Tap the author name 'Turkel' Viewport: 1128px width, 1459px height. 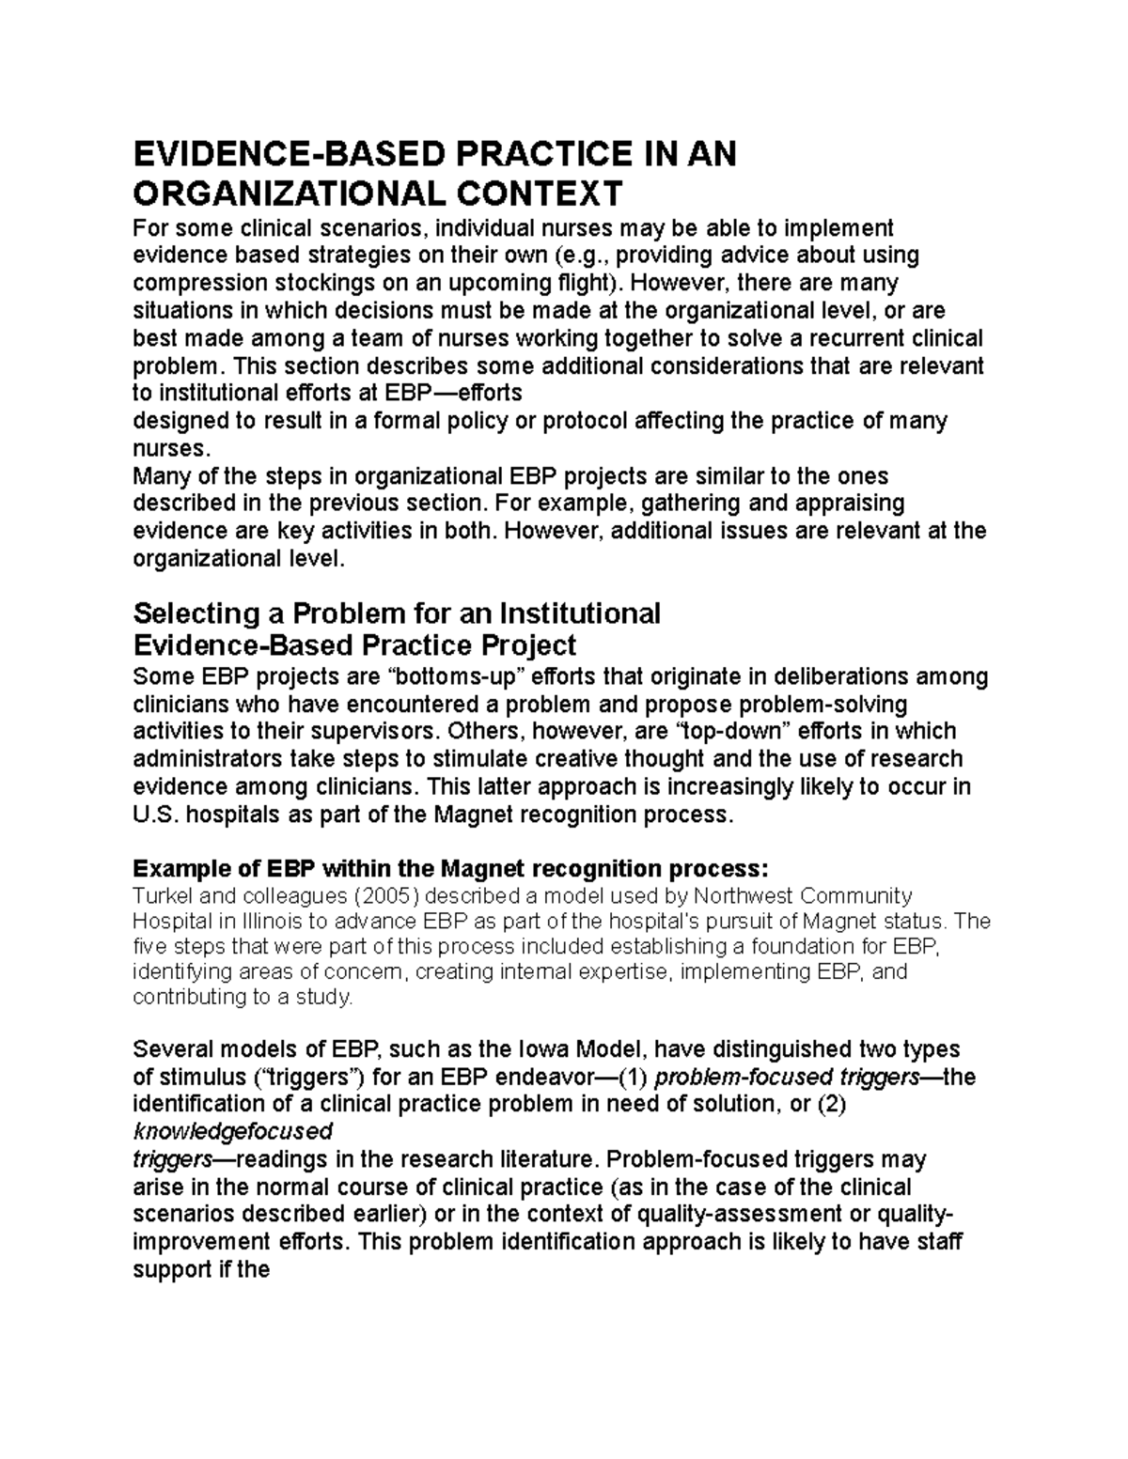[x=163, y=894]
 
